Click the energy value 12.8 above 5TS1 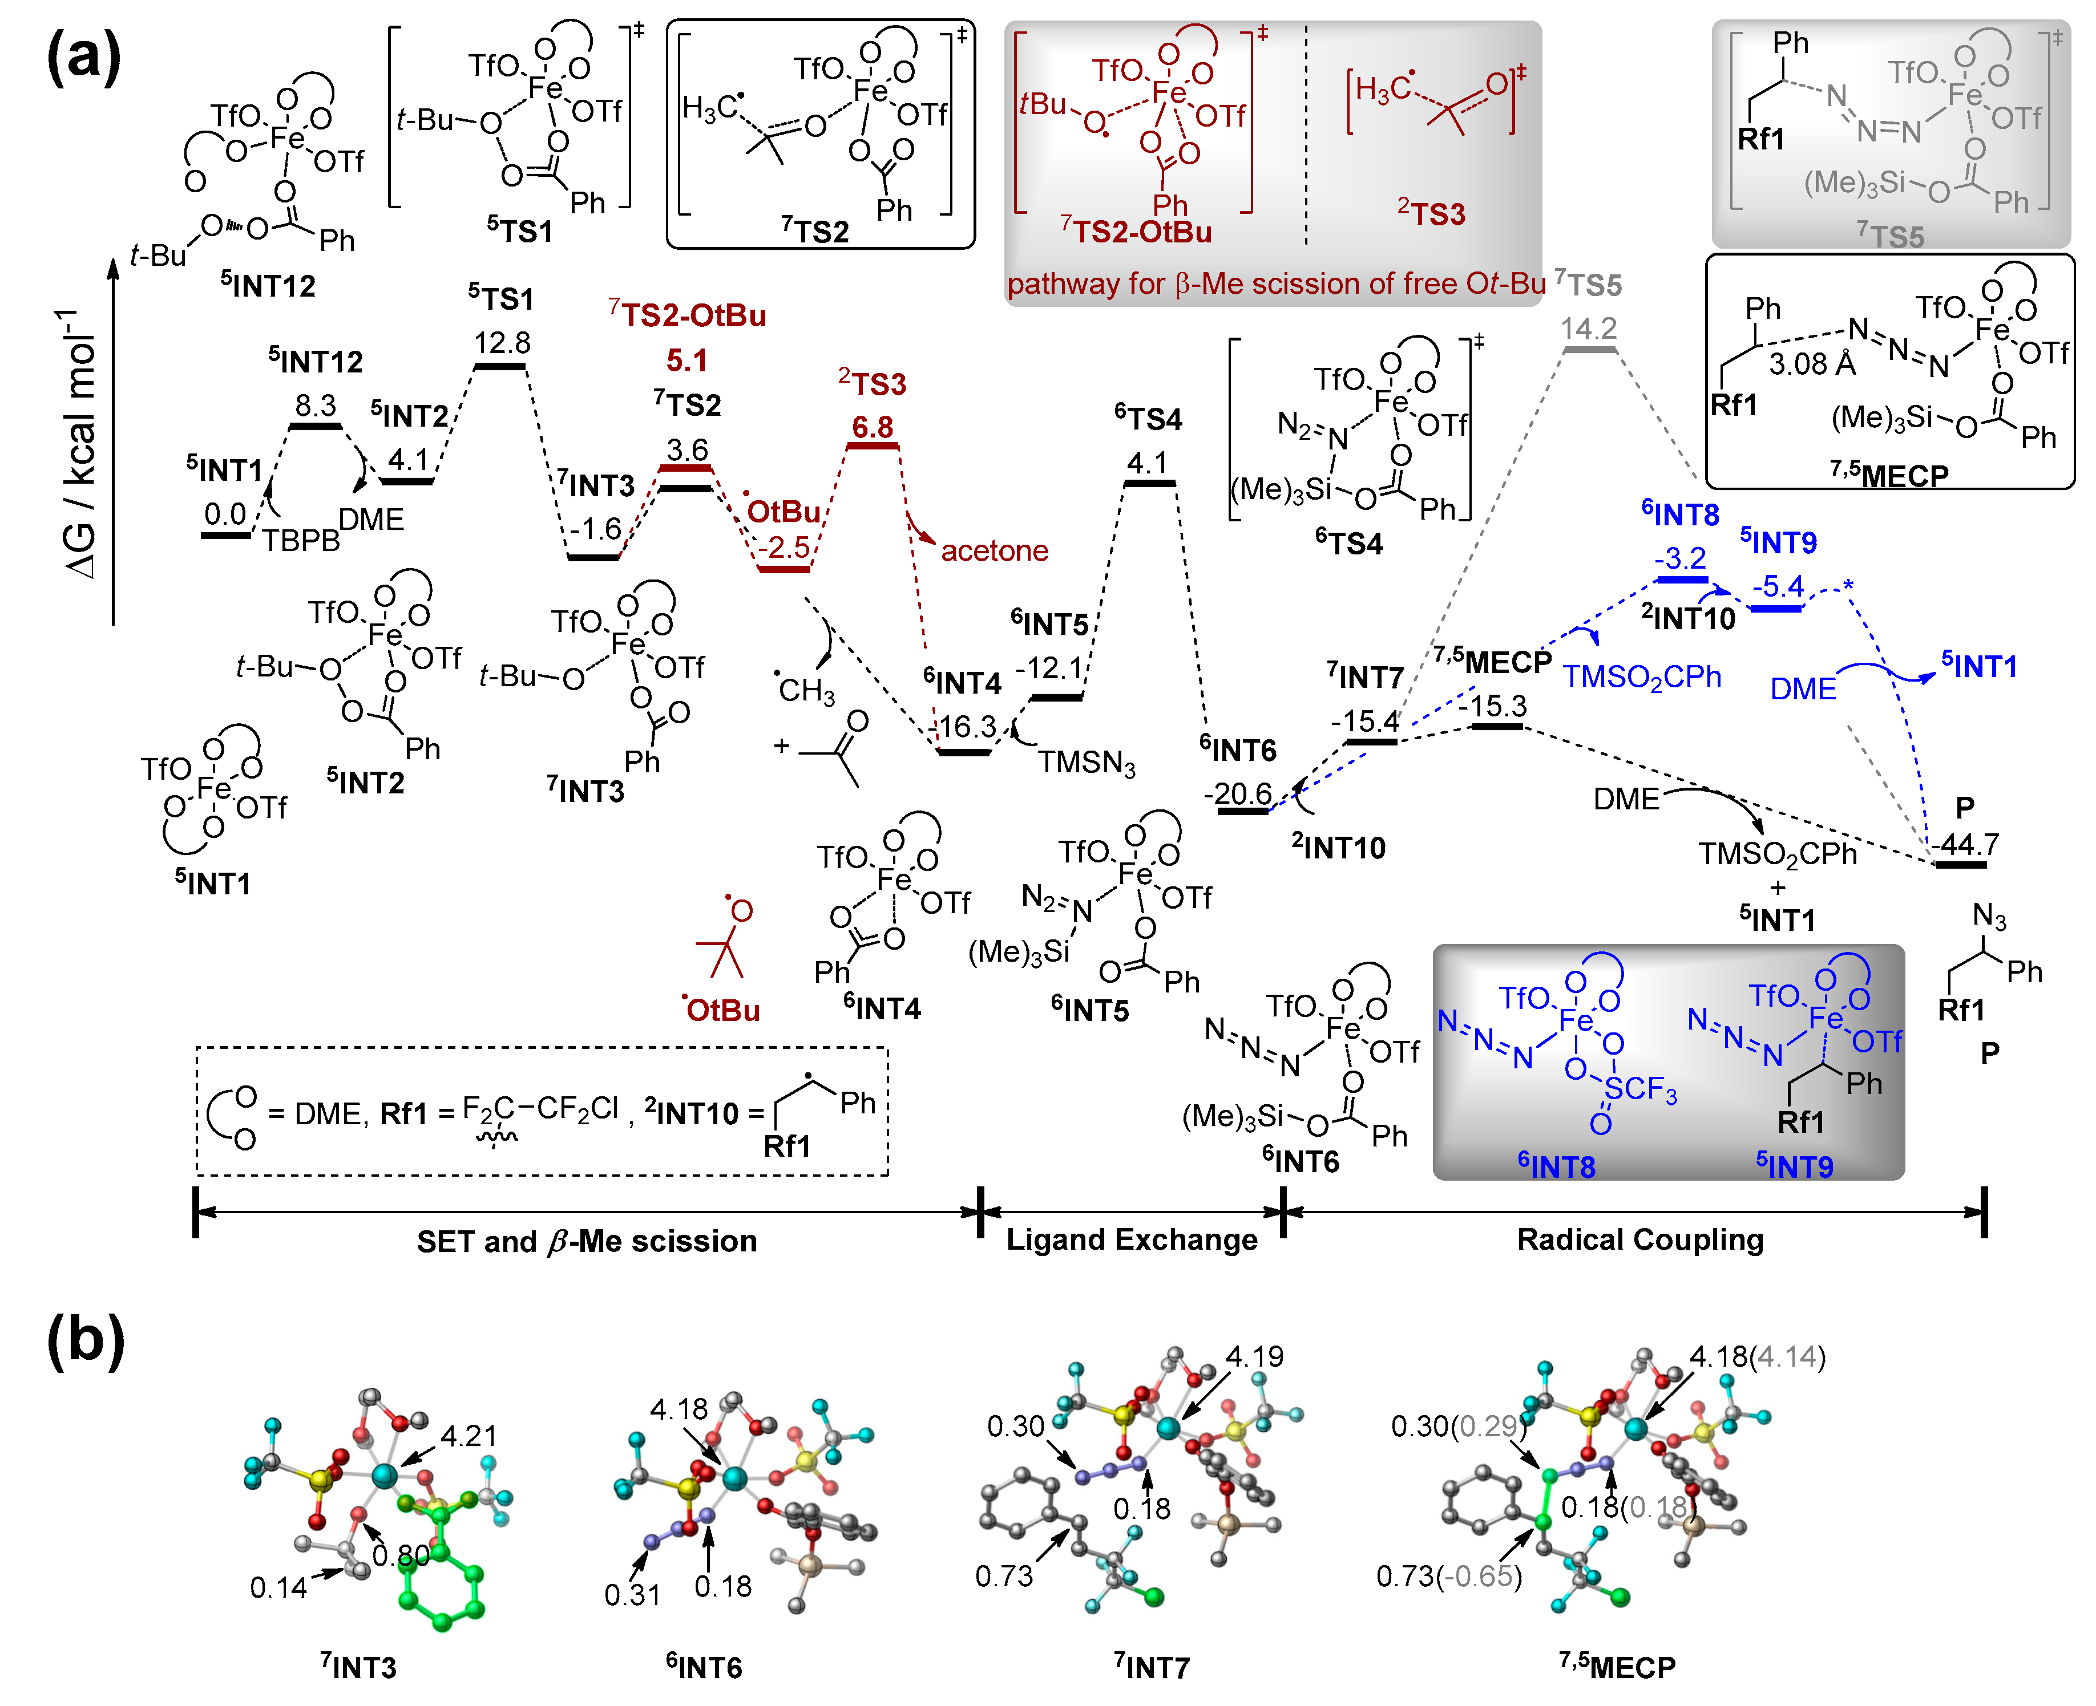502,342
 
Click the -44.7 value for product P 1963,844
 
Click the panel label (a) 83,57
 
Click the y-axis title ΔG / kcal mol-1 80,442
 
